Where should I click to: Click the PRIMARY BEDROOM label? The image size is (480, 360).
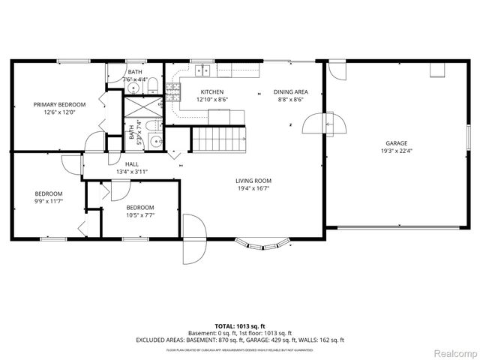pyautogui.click(x=59, y=104)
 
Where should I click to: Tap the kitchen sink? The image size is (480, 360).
pyautogui.click(x=202, y=71)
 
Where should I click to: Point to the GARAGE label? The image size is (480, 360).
pyautogui.click(x=397, y=142)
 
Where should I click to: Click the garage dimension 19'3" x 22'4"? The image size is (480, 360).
pyautogui.click(x=397, y=150)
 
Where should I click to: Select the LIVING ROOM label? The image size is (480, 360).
pyautogui.click(x=253, y=181)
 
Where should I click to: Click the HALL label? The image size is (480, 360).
pyautogui.click(x=131, y=164)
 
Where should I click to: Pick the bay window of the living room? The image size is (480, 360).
pyautogui.click(x=262, y=243)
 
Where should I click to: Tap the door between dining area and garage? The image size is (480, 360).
pyautogui.click(x=332, y=122)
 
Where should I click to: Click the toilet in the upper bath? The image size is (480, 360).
pyautogui.click(x=151, y=82)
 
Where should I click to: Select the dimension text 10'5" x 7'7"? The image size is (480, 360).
pyautogui.click(x=140, y=215)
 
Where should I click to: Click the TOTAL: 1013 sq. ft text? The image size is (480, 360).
pyautogui.click(x=239, y=326)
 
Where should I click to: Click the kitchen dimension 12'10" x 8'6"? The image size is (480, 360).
pyautogui.click(x=212, y=99)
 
